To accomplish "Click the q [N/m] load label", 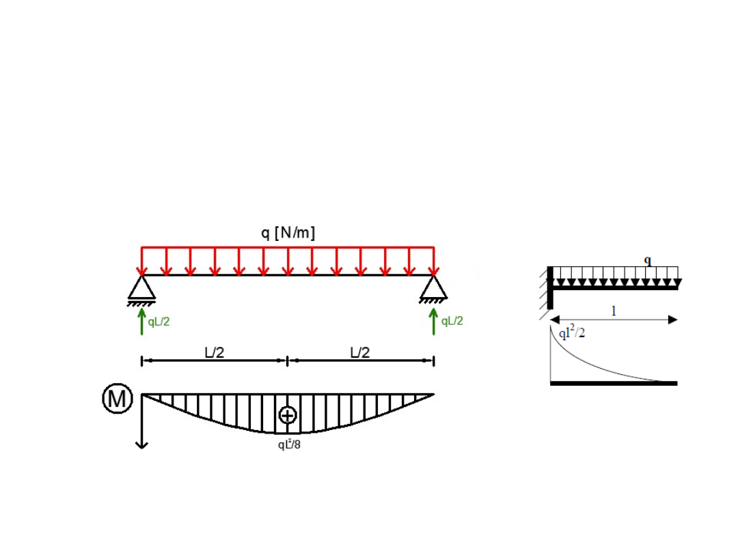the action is pos(288,233).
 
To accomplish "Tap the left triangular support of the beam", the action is pos(141,288).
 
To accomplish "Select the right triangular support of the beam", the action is pos(433,287).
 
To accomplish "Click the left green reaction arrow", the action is pos(141,322).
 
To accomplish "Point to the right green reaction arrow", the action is pos(433,322).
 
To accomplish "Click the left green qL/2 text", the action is pos(159,322).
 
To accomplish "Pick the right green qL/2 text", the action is pos(452,321).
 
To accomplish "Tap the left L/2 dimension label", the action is pos(214,352).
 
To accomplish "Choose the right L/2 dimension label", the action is pos(360,352).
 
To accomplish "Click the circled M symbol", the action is pos(118,399).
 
